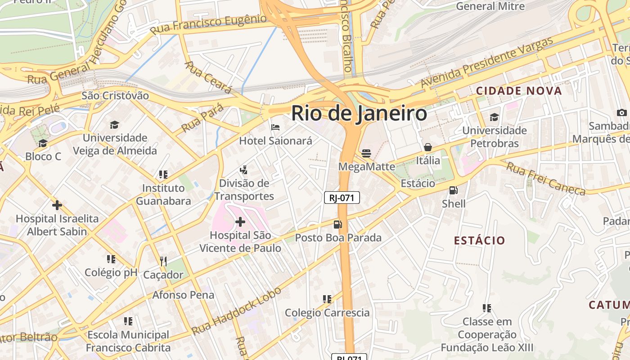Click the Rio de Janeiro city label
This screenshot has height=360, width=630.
(359, 113)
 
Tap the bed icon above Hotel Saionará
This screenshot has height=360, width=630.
(275, 127)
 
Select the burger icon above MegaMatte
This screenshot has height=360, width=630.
(366, 153)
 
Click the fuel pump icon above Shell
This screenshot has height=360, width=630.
(454, 190)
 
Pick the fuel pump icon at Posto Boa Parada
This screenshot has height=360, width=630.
(337, 224)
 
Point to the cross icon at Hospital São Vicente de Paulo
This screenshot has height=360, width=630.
(240, 221)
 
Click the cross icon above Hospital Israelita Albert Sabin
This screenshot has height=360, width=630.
(57, 205)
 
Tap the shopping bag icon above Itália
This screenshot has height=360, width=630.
(428, 147)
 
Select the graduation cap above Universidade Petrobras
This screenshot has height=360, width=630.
(494, 117)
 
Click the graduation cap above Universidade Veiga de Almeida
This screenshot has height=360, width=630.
(114, 125)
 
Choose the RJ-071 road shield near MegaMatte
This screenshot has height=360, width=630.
(342, 198)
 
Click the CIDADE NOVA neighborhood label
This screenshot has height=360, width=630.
(519, 91)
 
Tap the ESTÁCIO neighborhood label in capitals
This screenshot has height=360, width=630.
(479, 240)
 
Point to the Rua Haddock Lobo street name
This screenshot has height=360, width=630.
(236, 310)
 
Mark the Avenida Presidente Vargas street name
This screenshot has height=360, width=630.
(486, 63)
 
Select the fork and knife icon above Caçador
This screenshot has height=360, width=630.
(163, 261)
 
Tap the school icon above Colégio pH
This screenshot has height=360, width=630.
(111, 259)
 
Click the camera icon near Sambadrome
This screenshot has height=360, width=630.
(622, 112)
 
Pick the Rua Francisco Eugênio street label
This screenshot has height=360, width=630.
(208, 24)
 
